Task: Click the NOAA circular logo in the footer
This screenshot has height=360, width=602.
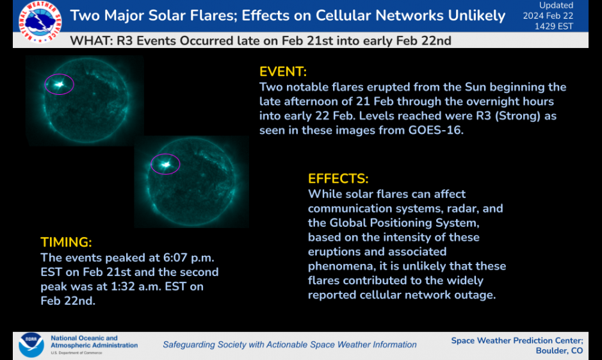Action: tap(31, 345)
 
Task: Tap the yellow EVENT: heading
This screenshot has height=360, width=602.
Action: tap(283, 72)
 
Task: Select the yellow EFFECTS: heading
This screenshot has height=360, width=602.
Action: tap(338, 179)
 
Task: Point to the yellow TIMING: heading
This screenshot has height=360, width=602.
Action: tap(66, 242)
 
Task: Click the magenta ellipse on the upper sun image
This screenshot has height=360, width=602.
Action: tap(60, 85)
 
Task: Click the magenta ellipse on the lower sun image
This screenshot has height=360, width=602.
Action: tap(165, 165)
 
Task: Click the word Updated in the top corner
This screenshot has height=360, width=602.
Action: tap(556, 5)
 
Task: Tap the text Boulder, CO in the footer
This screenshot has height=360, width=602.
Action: tap(559, 350)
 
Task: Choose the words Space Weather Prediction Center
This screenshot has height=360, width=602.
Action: tap(516, 340)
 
